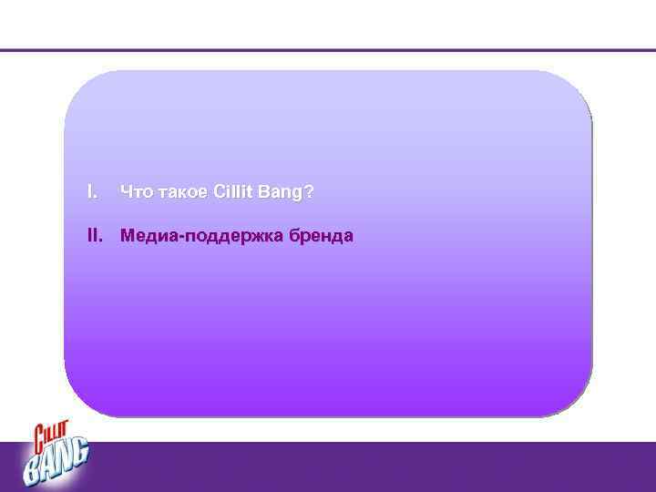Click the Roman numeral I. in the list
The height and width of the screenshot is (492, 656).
click(90, 193)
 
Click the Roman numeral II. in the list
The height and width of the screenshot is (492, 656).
click(93, 237)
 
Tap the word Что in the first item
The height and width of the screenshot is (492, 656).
click(135, 193)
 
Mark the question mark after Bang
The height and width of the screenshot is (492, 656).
click(311, 193)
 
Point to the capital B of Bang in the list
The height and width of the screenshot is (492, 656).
click(269, 193)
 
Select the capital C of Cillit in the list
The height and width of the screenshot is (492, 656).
click(219, 193)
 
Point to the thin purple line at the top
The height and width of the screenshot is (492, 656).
click(328, 50)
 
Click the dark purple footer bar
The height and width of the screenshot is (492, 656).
click(364, 466)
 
